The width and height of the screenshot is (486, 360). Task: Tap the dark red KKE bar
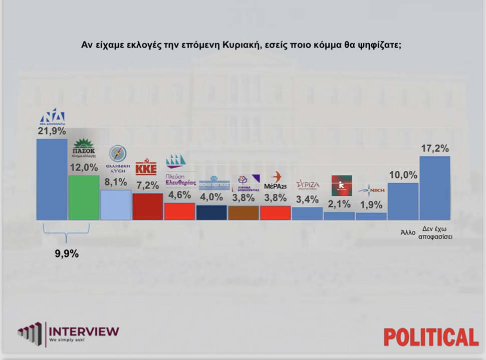(147, 207)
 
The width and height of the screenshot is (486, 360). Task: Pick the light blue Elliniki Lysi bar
(116, 205)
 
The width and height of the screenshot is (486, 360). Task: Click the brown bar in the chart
(243, 213)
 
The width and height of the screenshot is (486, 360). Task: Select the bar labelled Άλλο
(403, 201)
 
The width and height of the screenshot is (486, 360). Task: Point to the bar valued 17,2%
(434, 188)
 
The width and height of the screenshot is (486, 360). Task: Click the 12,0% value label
(84, 168)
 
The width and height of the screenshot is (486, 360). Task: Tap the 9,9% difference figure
(67, 254)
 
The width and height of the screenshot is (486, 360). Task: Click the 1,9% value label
(371, 205)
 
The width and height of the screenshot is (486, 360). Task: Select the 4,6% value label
(180, 195)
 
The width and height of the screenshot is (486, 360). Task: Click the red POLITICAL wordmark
(431, 336)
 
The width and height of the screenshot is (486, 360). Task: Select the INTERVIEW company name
(84, 331)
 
